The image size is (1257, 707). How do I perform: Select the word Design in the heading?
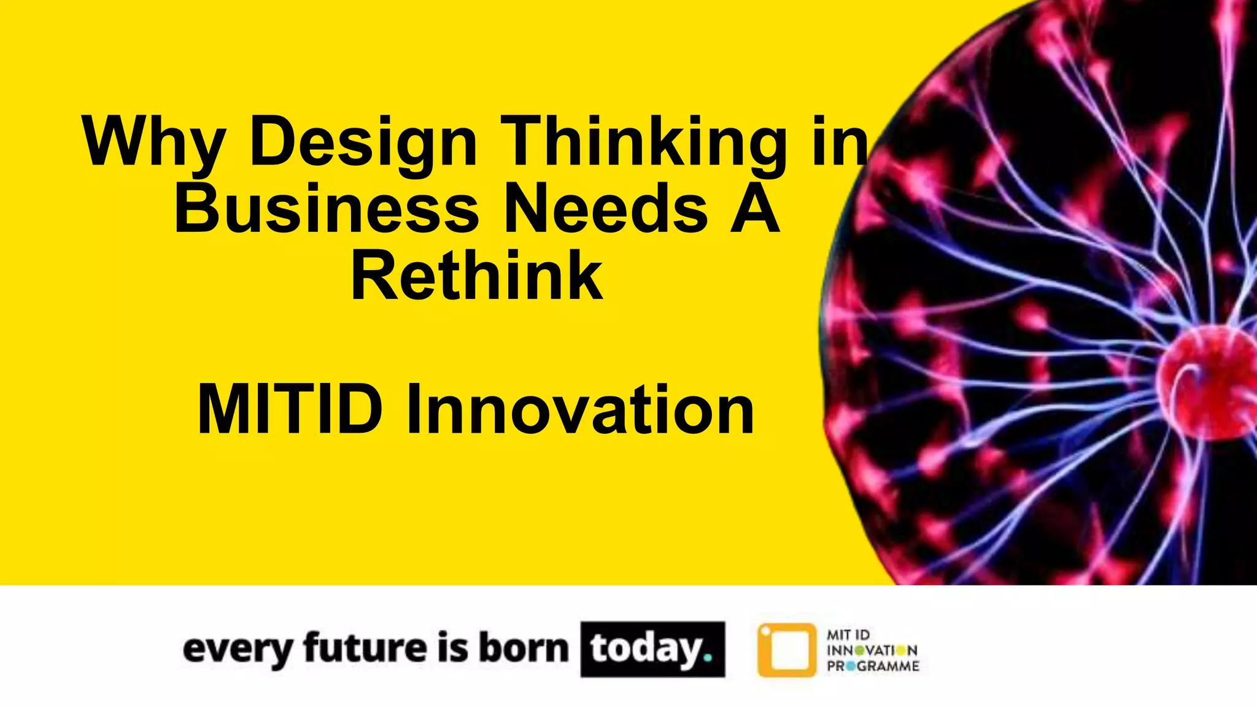point(363,142)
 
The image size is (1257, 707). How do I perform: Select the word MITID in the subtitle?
point(290,409)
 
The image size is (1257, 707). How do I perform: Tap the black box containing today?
point(652,649)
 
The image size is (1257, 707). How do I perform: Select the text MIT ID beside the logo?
point(848,635)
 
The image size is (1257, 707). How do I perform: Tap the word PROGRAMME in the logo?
point(873,666)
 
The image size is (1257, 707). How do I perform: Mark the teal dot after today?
point(708,658)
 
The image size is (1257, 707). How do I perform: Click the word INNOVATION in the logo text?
point(872,651)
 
